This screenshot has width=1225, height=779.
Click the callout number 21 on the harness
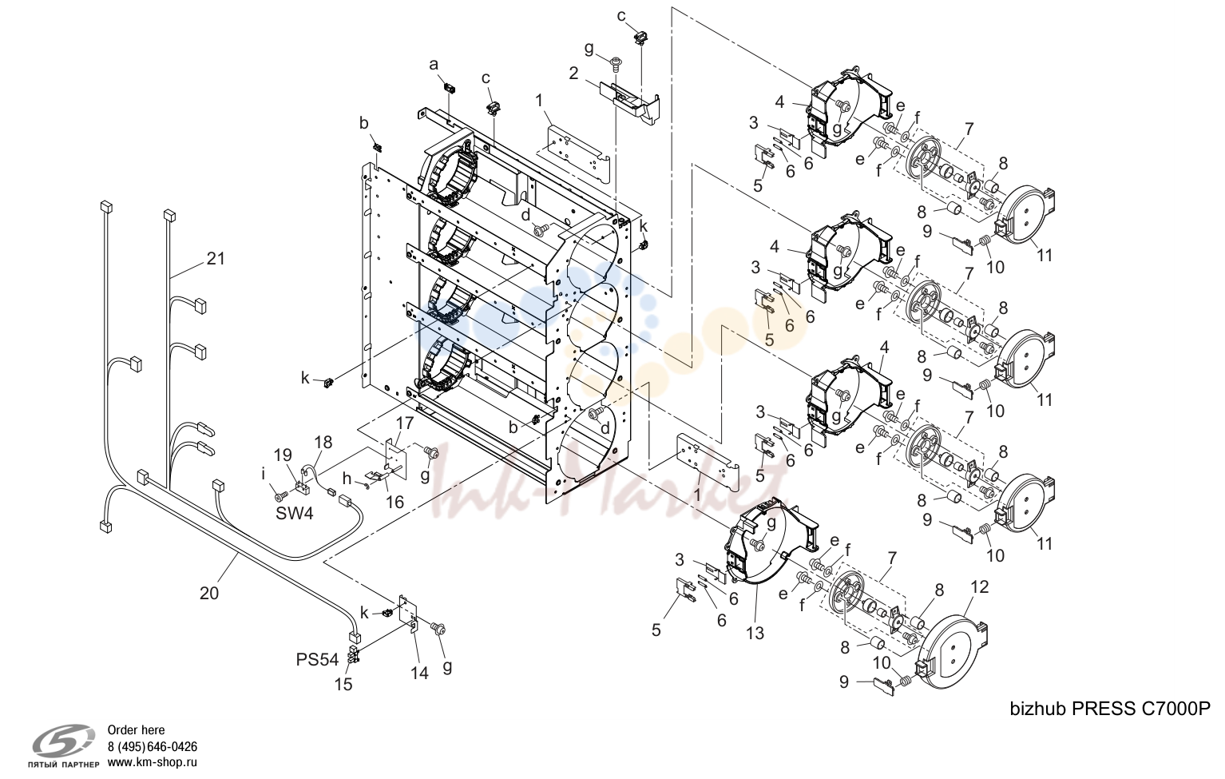point(216,258)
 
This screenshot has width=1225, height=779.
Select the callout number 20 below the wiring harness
point(209,593)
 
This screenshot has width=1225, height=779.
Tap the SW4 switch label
point(294,514)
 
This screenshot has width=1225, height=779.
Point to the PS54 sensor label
point(317,660)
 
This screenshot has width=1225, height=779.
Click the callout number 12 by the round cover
point(980,587)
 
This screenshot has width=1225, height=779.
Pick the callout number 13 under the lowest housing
point(755,633)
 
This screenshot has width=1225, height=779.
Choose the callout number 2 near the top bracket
point(573,73)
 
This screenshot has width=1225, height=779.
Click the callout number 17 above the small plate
point(405,423)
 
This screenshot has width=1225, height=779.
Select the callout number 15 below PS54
point(343,685)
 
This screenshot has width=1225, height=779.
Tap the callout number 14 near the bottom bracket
point(419,673)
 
